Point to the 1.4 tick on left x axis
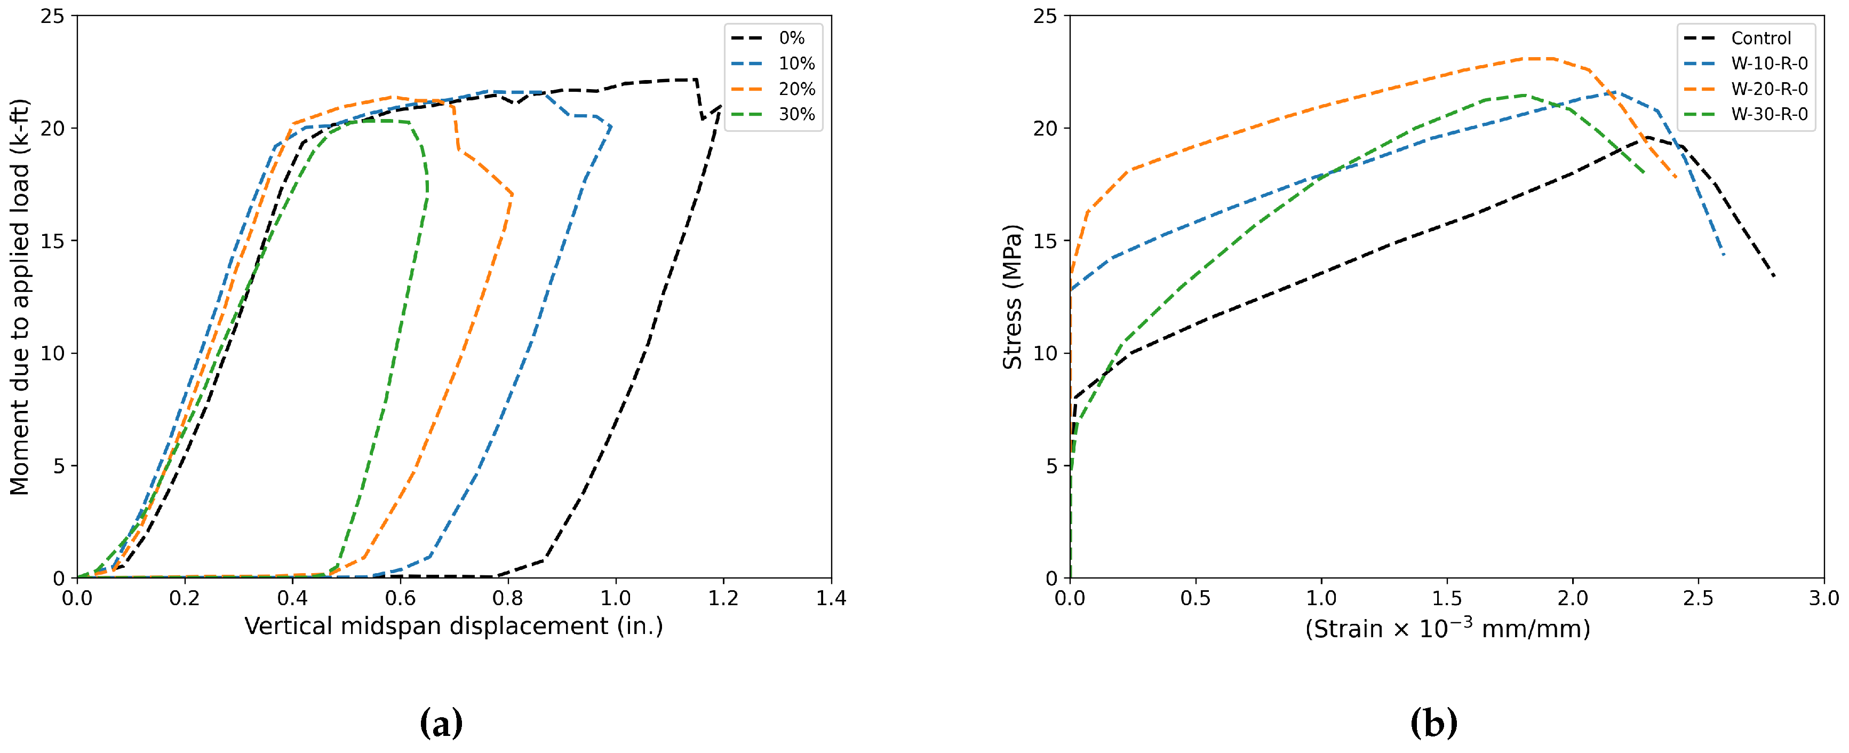pos(831,598)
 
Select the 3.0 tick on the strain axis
pos(1823,598)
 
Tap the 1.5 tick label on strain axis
pos(1446,598)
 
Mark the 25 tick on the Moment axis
pos(52,16)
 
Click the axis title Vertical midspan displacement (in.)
pos(453,627)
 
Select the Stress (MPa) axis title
pos(1012,297)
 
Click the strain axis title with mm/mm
pos(1446,629)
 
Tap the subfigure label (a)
pos(441,723)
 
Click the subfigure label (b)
pos(1433,723)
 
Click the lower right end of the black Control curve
pos(1774,276)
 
